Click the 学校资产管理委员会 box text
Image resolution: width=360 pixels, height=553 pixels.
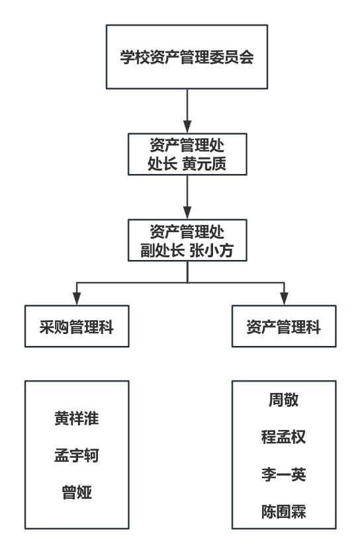coord(187,57)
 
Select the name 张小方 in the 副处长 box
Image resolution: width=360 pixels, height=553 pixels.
coord(211,251)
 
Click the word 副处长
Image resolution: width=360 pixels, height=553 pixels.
coord(162,251)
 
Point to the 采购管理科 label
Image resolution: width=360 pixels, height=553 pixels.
coord(77,327)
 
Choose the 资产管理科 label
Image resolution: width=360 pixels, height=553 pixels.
coord(284,327)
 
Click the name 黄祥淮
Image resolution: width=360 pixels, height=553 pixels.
coord(77,418)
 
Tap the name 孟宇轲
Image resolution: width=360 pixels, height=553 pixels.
coord(77,455)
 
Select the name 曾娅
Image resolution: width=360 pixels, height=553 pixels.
coord(77,492)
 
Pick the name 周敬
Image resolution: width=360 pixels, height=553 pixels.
coord(284,400)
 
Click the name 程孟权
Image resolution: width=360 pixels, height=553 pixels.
coord(284,437)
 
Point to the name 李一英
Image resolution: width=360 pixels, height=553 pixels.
coord(284,474)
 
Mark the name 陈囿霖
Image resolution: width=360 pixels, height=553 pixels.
coord(284,511)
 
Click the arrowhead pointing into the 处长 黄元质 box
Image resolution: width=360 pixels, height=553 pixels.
coord(187,127)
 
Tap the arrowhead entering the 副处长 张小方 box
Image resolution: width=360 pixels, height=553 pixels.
coord(187,213)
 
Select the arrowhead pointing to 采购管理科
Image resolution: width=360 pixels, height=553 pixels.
coord(77,299)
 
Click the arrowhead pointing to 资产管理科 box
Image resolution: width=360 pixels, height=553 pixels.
coord(284,299)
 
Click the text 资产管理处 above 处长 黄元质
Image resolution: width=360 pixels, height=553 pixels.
coord(187,146)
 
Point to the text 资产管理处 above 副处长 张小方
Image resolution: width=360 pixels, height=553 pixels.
coord(187,232)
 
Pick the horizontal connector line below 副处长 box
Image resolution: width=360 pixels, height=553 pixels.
coord(181,282)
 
